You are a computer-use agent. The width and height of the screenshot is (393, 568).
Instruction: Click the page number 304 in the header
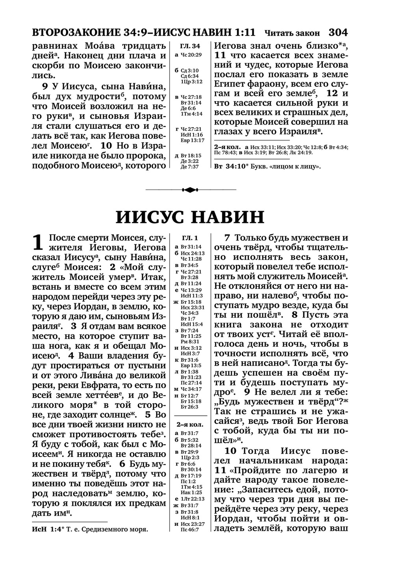click(337, 32)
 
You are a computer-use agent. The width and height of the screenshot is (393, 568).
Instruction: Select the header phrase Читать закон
click(292, 32)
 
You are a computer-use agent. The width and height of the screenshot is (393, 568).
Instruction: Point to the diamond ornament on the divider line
click(191, 190)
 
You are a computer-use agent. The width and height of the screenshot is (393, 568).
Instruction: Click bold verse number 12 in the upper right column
click(332, 94)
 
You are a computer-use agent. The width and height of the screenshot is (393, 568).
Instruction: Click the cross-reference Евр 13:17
click(192, 140)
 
